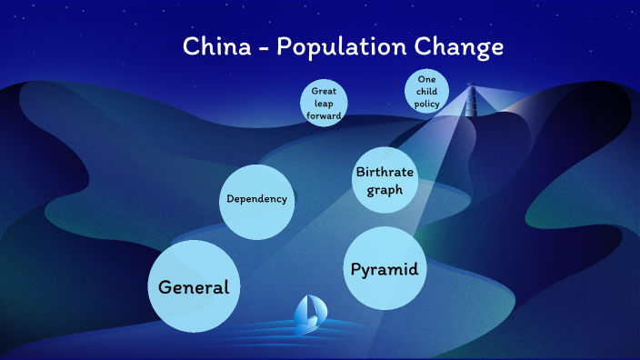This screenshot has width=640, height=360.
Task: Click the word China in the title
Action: click(x=215, y=46)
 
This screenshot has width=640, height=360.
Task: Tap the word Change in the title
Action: click(x=462, y=47)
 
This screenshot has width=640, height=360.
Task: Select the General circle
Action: click(x=194, y=286)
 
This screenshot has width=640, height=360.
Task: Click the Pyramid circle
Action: click(x=385, y=269)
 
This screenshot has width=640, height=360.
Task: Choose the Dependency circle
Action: click(x=257, y=198)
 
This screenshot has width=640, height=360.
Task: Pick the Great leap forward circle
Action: click(x=325, y=104)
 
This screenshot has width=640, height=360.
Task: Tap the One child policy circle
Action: click(x=427, y=92)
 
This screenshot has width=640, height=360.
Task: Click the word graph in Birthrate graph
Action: click(x=385, y=190)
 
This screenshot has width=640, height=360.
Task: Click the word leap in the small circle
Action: click(x=325, y=104)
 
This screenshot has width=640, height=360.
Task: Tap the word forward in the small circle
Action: click(x=325, y=115)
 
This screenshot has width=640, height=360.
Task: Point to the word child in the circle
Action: click(x=427, y=92)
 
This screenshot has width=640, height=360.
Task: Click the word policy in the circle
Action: click(x=427, y=104)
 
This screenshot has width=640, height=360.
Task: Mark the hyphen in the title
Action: click(x=263, y=49)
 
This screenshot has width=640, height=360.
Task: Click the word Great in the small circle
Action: click(x=325, y=92)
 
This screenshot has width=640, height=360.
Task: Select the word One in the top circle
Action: click(x=427, y=80)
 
